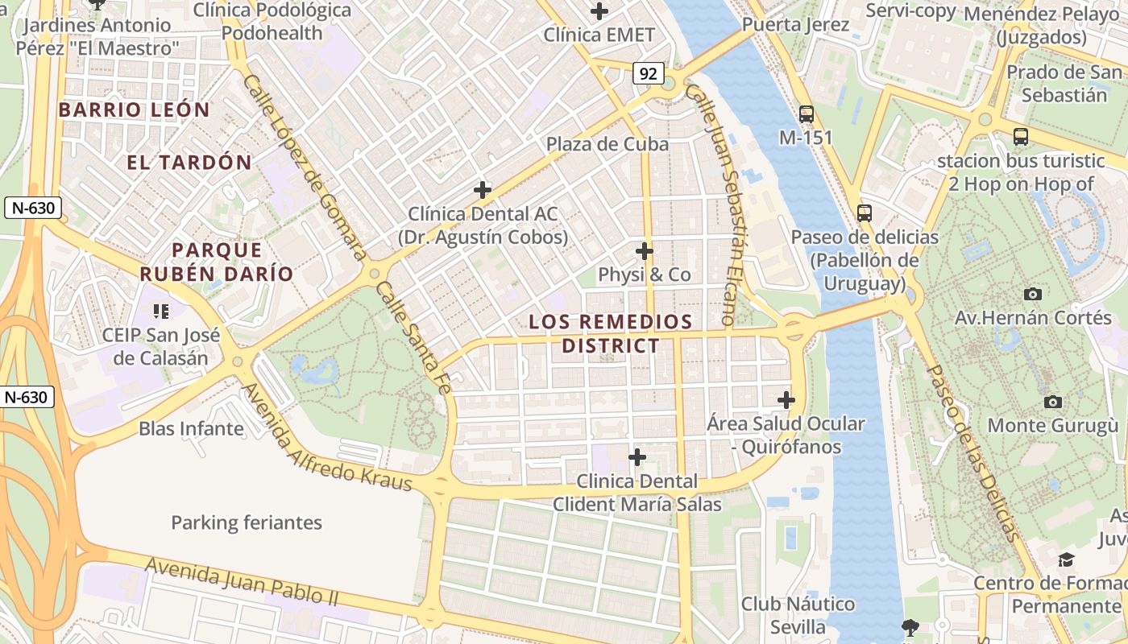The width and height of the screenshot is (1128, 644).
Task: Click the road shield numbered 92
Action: tap(647, 74)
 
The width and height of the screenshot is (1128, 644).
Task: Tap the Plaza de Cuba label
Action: tap(608, 144)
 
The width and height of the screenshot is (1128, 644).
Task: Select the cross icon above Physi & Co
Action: tap(644, 250)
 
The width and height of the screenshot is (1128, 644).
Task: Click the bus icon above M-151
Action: tap(806, 114)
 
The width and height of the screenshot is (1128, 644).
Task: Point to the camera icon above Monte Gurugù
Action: tap(1052, 402)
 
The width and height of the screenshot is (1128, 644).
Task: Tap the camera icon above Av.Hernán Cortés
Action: tap(1032, 294)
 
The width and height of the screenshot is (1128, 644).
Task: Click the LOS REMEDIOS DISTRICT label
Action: tap(610, 334)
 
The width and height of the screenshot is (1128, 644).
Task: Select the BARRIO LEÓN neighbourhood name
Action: tap(134, 109)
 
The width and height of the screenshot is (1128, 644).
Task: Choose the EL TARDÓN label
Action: tap(189, 162)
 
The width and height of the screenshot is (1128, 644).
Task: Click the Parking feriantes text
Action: tap(247, 522)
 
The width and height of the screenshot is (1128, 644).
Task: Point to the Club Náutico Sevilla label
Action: tap(798, 615)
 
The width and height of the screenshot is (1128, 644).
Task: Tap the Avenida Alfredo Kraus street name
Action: tap(327, 439)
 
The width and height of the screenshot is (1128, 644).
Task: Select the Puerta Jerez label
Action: tap(795, 24)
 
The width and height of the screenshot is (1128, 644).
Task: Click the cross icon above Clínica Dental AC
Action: tap(483, 190)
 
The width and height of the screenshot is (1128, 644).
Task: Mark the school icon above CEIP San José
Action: tap(161, 311)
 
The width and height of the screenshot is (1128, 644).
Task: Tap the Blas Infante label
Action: tap(191, 428)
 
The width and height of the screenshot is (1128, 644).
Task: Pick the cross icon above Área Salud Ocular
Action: tap(786, 399)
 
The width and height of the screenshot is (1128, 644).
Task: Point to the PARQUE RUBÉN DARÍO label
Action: tap(217, 262)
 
